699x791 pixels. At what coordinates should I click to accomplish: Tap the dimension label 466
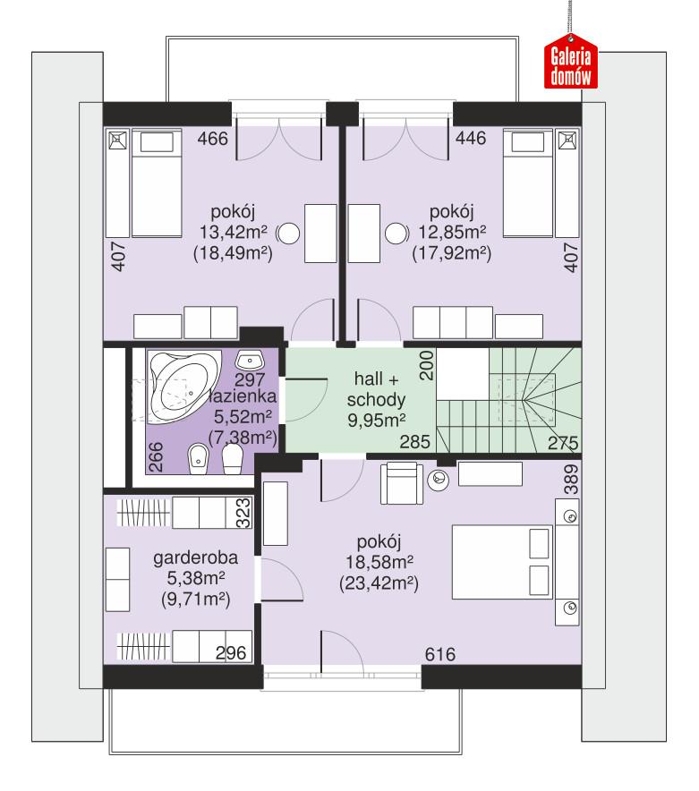click(x=214, y=139)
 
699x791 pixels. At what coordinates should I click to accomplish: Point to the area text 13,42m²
click(x=234, y=234)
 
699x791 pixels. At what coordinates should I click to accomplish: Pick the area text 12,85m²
click(x=451, y=234)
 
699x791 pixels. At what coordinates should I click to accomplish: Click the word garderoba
click(x=188, y=560)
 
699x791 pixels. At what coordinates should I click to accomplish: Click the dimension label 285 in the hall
click(x=417, y=442)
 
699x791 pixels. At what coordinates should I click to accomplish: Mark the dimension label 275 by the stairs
click(x=561, y=442)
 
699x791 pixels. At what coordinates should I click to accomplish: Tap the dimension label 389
click(x=572, y=481)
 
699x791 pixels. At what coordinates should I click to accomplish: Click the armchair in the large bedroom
click(x=399, y=483)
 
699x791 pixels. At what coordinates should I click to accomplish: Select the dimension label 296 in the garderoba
click(x=231, y=654)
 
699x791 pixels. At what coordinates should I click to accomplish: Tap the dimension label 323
click(x=242, y=513)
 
